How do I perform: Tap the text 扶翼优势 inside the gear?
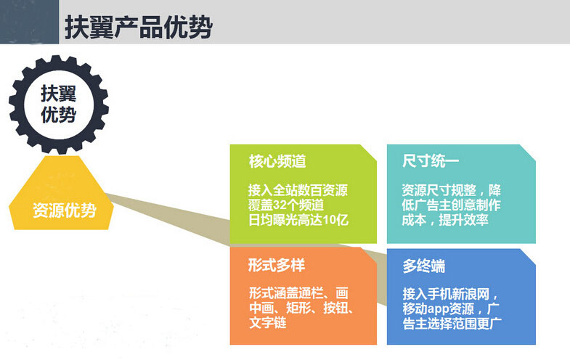pyautogui.click(x=58, y=104)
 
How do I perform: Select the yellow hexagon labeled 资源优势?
pyautogui.click(x=64, y=210)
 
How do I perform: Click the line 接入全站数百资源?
pyautogui.click(x=298, y=191)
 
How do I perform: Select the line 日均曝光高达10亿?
pyautogui.click(x=298, y=219)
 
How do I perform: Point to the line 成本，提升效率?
pyautogui.click(x=445, y=219)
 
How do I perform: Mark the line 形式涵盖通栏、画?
pyautogui.click(x=298, y=294)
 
